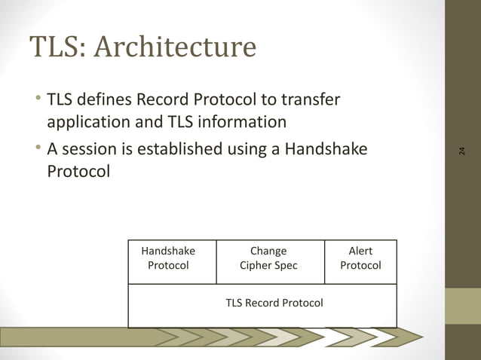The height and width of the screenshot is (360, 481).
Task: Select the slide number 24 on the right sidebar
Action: (462, 150)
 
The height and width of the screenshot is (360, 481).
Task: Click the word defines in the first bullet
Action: (107, 99)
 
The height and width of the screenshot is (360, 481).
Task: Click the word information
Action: (243, 122)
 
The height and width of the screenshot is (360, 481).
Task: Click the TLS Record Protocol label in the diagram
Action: (274, 303)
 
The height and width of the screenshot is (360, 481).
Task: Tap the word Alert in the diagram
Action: (360, 252)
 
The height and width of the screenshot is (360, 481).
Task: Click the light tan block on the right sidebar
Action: (462, 307)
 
